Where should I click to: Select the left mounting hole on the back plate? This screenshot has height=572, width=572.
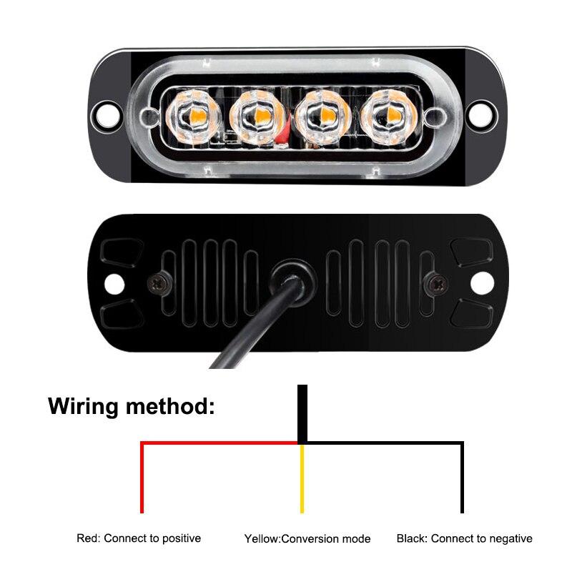click(114, 284)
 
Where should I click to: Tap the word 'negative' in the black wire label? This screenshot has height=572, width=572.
click(508, 538)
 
